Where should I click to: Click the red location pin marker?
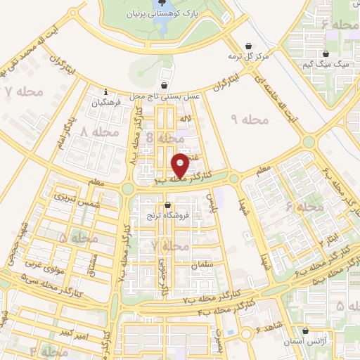click(180, 165)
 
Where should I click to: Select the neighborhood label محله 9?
click(250, 120)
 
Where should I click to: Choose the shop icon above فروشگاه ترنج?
click(167, 205)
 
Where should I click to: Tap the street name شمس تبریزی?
click(79, 198)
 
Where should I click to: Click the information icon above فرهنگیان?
click(105, 91)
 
